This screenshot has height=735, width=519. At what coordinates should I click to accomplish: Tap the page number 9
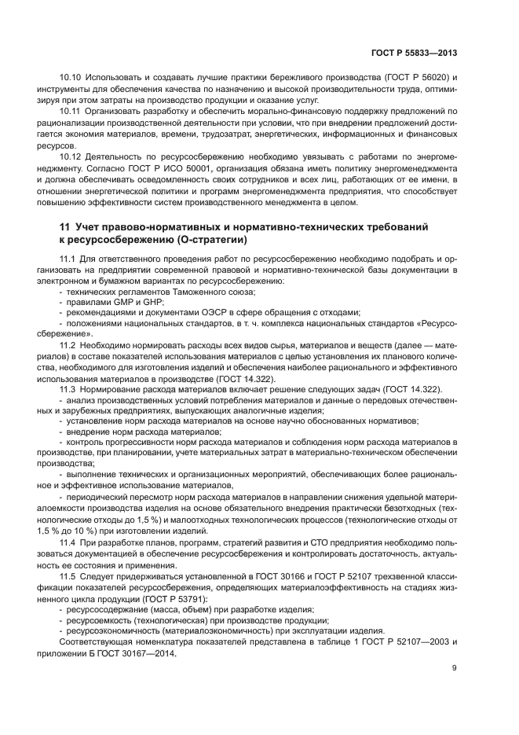(x=454, y=669)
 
